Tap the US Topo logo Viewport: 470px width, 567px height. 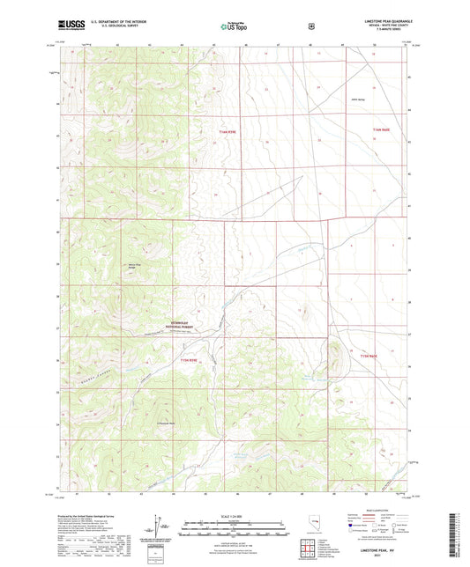(232, 26)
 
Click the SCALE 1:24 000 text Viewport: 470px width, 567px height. (234, 516)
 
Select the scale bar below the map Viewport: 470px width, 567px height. (234, 531)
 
